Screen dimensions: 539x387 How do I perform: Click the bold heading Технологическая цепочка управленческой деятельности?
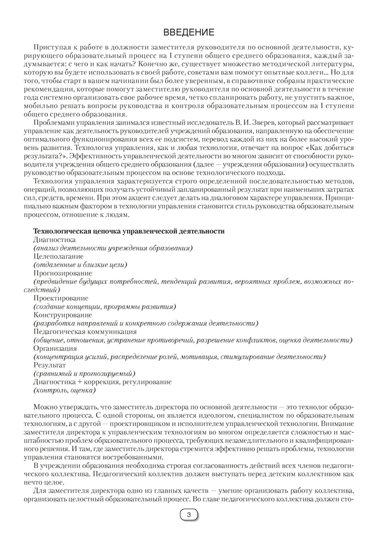129,231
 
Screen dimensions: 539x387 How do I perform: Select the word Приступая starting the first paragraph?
51,49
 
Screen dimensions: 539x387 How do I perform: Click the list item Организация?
54,348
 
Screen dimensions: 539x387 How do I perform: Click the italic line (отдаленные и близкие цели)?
80,265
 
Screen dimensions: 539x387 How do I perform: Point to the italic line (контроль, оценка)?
64,390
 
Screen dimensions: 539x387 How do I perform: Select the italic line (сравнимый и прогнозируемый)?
84,373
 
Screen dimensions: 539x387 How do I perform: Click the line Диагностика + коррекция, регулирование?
102,382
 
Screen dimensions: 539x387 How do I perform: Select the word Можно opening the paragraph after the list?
45,407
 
